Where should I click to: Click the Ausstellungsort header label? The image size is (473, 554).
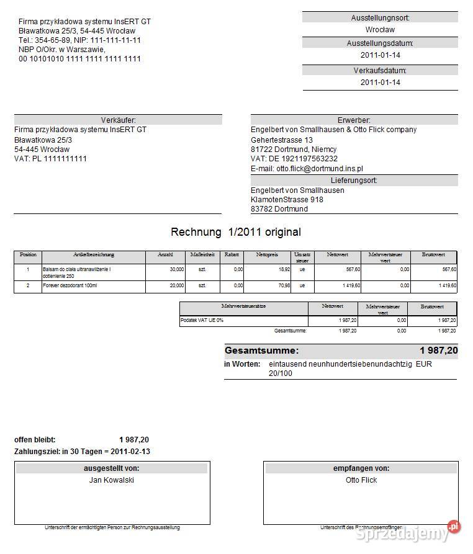tap(380, 18)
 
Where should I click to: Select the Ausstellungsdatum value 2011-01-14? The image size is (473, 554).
tap(380, 55)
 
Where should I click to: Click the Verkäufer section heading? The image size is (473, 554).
tap(118, 120)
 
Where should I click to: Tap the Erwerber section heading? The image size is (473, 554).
tap(354, 120)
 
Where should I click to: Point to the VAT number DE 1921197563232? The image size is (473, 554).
tap(294, 159)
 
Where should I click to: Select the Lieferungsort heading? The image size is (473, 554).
tap(354, 181)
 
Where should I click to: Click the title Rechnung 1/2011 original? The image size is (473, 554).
tap(235, 232)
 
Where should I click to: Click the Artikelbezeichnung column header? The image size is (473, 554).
tap(93, 255)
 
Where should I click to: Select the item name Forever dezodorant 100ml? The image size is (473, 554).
tap(70, 285)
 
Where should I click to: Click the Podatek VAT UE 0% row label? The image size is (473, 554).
tap(202, 320)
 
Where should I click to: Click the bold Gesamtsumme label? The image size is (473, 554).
tap(261, 351)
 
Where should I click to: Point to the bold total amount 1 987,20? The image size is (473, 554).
tap(438, 351)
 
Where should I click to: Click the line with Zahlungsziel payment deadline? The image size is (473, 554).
tap(82, 451)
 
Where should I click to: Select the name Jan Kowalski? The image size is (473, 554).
tap(112, 480)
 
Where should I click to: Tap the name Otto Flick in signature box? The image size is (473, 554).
tap(361, 480)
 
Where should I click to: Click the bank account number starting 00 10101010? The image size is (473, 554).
tap(79, 59)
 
